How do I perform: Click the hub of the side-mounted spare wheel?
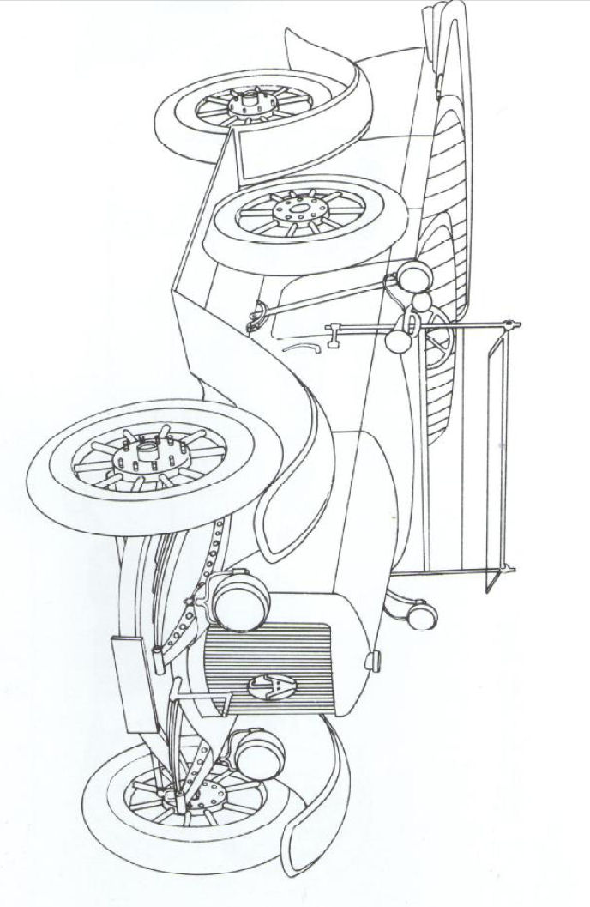(x=296, y=209)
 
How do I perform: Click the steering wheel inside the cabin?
(x=436, y=335)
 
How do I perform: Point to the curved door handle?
(x=301, y=347)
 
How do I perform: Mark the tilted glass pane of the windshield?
(x=493, y=446)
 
